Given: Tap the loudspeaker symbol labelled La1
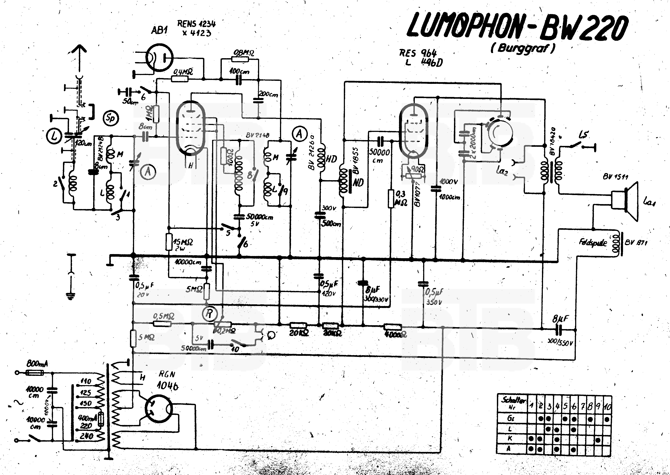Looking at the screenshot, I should tap(626, 201).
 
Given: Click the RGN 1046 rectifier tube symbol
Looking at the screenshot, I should tap(159, 409).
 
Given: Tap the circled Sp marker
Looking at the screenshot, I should tap(111, 118).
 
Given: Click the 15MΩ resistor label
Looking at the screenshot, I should tap(183, 242).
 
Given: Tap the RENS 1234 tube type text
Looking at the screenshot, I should tap(196, 24).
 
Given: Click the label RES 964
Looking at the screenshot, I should tap(418, 53).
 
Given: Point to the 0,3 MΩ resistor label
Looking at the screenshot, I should tap(401, 198).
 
